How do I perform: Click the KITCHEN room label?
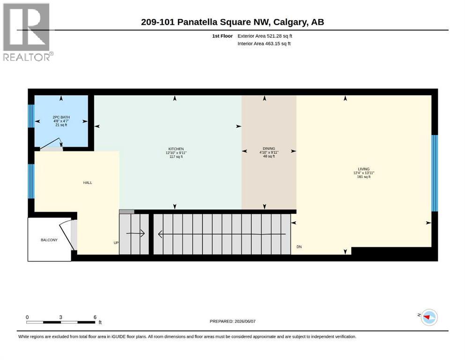[176, 149]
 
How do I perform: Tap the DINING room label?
[269, 149]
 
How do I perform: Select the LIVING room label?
[363, 169]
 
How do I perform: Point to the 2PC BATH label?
[61, 117]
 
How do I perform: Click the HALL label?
[88, 182]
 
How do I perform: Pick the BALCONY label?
[49, 240]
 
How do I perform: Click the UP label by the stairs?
[116, 243]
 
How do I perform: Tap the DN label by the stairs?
[299, 247]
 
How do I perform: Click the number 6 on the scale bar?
[95, 317]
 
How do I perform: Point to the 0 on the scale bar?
[27, 317]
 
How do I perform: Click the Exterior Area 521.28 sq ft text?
[265, 36]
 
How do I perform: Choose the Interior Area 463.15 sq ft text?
[264, 44]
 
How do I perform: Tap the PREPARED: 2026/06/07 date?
[232, 321]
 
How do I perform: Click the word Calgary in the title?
[290, 22]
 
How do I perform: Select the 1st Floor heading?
[222, 36]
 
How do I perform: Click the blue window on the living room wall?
[435, 173]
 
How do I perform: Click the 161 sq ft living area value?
[363, 177]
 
